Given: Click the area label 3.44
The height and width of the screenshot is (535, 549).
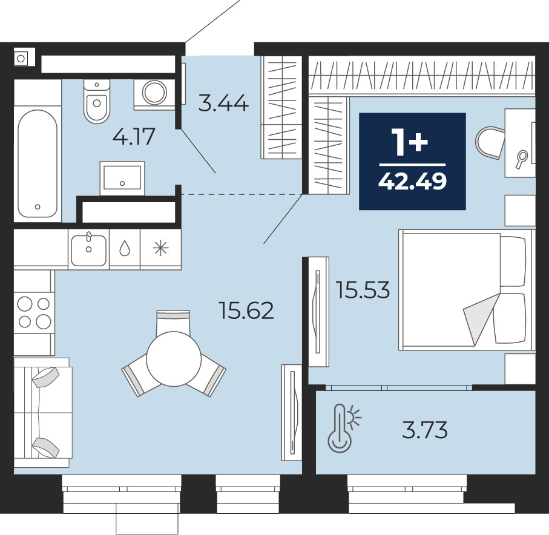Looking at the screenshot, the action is [x=223, y=103].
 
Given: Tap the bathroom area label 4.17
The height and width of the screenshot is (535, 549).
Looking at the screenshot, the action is [x=134, y=136].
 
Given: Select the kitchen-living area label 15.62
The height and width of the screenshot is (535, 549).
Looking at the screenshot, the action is [x=246, y=310].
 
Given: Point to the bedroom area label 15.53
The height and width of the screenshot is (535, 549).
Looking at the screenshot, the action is [x=363, y=290].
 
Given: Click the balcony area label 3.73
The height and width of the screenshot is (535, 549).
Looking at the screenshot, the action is [x=425, y=430].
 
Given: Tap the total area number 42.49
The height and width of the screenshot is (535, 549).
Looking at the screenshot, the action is [x=412, y=182].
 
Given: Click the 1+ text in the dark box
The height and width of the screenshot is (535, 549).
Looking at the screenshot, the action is [x=410, y=142].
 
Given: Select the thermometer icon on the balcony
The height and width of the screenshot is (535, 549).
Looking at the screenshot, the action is [x=344, y=428].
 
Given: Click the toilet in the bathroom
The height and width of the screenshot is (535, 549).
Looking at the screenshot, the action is [x=97, y=101].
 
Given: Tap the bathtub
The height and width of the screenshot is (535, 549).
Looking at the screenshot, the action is [x=38, y=163].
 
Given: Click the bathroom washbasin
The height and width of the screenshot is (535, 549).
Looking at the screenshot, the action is [x=122, y=178].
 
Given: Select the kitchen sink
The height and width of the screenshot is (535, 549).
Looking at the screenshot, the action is [x=88, y=249].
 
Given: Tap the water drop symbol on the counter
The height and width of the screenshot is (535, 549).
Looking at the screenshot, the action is [x=125, y=249].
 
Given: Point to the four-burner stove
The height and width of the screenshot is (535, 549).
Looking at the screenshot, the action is [x=34, y=313].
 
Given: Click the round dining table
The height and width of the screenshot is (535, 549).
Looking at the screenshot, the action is [x=174, y=359].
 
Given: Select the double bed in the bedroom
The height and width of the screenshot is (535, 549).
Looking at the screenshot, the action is [x=465, y=289].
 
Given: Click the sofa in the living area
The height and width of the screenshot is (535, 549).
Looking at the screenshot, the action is [x=43, y=412].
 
